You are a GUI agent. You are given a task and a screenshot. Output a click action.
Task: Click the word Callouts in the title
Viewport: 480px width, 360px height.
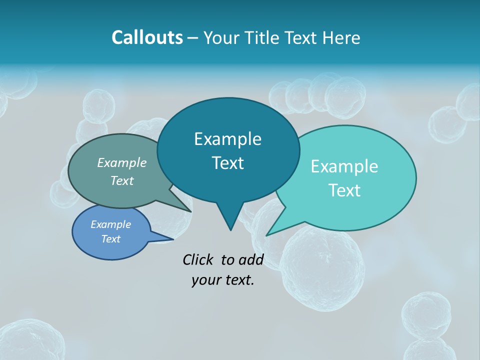coord(147,37)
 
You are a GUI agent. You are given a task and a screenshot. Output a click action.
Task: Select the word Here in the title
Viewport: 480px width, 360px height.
coord(341,37)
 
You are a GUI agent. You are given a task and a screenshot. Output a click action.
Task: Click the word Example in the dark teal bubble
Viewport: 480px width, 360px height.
coord(227,139)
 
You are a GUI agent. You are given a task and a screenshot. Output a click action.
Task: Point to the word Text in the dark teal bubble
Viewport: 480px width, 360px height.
coord(227,163)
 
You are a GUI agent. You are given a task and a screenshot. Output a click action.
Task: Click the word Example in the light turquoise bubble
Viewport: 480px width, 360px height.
coord(344,166)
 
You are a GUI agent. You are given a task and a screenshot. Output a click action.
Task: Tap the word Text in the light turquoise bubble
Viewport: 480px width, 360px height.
coord(344,190)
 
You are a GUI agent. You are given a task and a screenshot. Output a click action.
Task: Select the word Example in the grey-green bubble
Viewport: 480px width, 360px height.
coord(122,162)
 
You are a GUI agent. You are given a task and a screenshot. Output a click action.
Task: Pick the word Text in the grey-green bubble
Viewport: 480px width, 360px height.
coord(122,180)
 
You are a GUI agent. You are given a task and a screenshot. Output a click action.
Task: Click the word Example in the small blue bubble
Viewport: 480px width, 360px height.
coord(110,224)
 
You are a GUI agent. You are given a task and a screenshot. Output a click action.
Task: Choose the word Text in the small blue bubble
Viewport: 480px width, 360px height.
coord(110,239)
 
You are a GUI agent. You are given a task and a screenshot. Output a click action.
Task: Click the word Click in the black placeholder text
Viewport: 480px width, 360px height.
coord(199,259)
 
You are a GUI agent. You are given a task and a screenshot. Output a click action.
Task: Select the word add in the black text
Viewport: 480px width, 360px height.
coord(251,259)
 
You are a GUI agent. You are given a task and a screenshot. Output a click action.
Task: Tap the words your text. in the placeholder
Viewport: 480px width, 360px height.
coord(223,280)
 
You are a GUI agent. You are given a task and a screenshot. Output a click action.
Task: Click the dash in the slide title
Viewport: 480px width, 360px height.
coord(193,38)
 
